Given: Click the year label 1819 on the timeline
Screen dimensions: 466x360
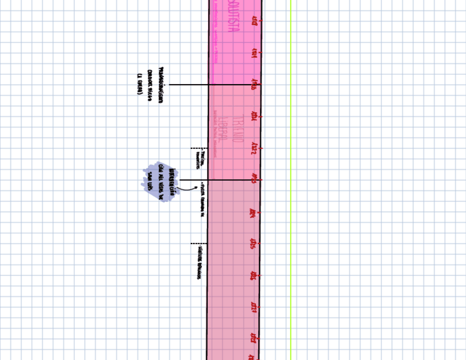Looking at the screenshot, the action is pos(254,53).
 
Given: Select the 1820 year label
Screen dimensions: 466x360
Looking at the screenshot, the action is pos(254,85).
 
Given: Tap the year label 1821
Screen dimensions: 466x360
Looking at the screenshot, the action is pos(254,117).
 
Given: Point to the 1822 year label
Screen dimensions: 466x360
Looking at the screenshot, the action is pos(254,148).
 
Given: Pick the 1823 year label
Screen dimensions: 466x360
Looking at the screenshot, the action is pos(254,180).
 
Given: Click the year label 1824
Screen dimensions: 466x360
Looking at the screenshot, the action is pos(254,212).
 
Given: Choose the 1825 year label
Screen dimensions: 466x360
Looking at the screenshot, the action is pos(254,243).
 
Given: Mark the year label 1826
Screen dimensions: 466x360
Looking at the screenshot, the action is pos(254,275).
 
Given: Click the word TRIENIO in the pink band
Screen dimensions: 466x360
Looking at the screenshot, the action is pos(238,130).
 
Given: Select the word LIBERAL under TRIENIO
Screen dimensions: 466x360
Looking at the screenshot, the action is pos(223,130).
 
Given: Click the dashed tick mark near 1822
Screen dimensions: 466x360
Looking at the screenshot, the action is pos(198,148).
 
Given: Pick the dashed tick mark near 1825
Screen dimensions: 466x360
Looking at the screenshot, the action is pos(198,243).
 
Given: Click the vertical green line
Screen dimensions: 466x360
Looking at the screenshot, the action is pos(290,181).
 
